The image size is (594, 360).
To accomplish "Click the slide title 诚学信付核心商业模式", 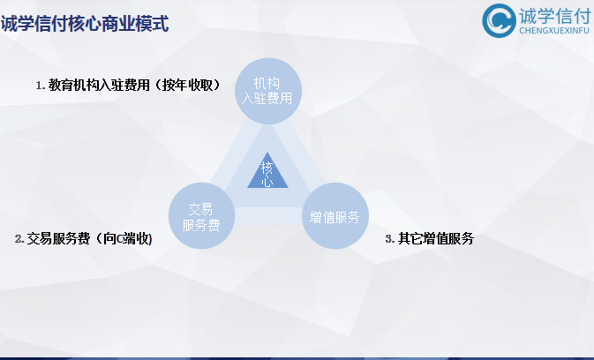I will [x=85, y=24].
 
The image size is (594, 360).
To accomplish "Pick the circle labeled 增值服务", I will [x=335, y=216].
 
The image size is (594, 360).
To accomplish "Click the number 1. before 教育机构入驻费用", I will [x=40, y=86].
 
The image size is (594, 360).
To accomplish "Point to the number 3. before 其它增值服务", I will [x=389, y=239].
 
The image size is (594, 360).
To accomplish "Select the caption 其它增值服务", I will [x=436, y=239].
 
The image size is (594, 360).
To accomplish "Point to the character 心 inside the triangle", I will [x=267, y=181].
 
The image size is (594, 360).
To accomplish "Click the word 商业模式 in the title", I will [x=136, y=24].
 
